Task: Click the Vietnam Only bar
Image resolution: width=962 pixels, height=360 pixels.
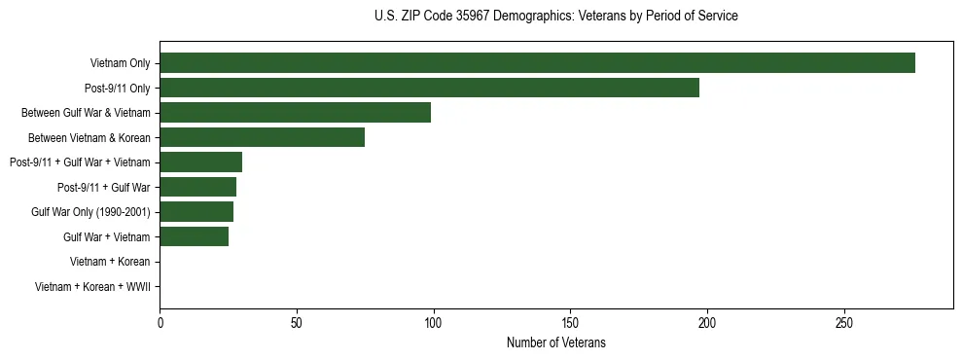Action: click(x=537, y=63)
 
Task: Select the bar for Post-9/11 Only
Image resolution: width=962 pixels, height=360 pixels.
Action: click(x=429, y=88)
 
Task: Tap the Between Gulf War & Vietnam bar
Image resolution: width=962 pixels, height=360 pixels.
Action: click(x=295, y=113)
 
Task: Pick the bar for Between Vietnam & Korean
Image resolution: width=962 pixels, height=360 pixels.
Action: click(x=262, y=137)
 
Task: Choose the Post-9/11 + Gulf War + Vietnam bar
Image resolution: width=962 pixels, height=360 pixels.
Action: click(x=200, y=162)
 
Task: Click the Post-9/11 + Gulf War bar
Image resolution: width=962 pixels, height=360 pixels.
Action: click(x=197, y=187)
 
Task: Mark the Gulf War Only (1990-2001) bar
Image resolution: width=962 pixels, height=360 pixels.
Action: click(x=196, y=211)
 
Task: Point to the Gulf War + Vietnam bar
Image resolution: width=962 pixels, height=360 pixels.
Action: click(x=194, y=235)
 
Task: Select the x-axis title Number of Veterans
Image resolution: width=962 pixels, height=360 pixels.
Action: click(x=555, y=342)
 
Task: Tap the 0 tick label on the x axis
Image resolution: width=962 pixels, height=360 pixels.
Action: click(x=160, y=322)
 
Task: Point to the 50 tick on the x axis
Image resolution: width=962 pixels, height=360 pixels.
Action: click(x=297, y=322)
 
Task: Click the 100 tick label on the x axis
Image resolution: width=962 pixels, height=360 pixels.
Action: click(x=434, y=322)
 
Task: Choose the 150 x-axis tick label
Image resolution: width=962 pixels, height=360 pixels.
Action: click(x=570, y=322)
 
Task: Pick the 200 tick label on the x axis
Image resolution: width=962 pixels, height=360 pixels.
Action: click(x=707, y=322)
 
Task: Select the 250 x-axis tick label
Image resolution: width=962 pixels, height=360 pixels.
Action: click(x=844, y=322)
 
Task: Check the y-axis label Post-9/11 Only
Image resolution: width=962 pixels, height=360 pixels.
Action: click(x=117, y=89)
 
